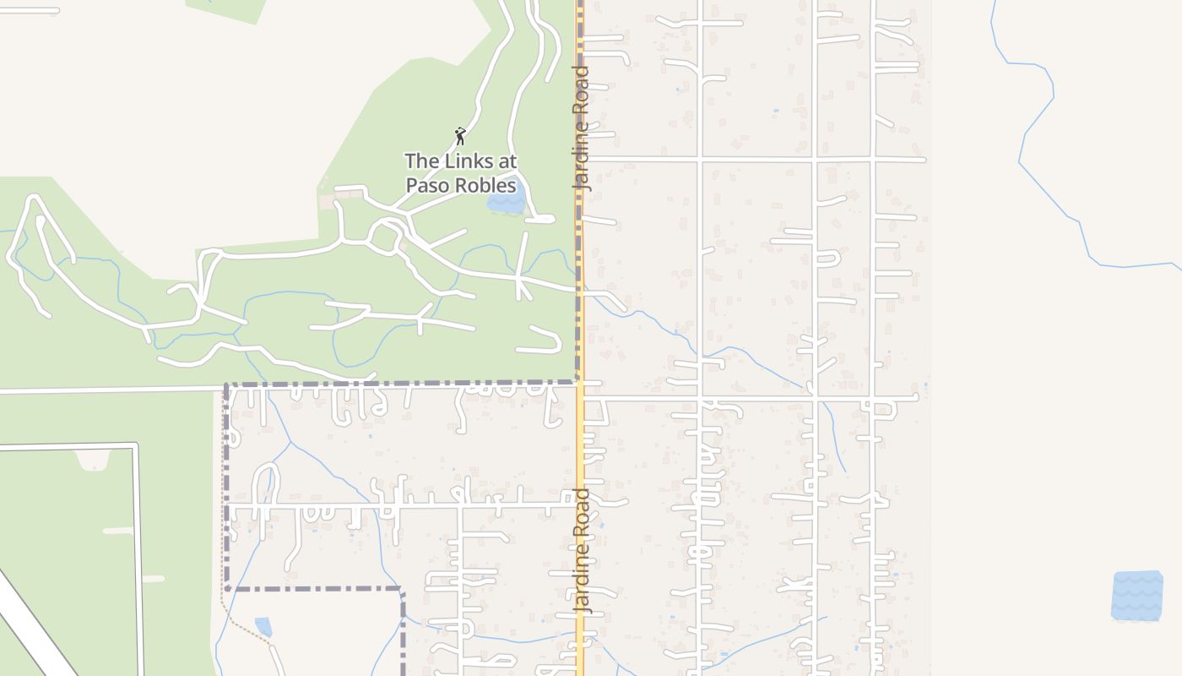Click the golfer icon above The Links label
coord(460,136)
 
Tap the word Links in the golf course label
coord(461,161)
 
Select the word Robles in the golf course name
coord(485,185)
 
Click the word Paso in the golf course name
coord(427,185)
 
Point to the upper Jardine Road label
coord(583,127)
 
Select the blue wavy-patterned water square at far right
coord(1137,596)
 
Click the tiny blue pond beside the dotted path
coord(263,626)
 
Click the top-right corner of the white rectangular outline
coord(136,445)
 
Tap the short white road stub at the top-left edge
coord(30,11)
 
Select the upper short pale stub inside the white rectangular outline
coord(118,531)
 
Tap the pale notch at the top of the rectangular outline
coord(93,459)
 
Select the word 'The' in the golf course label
coord(420,161)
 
